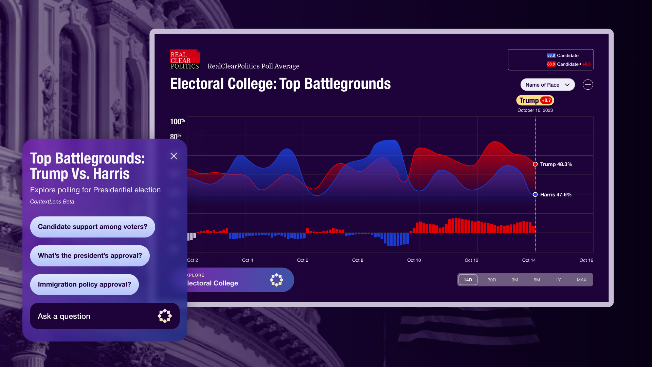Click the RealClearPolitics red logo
tap(184, 59)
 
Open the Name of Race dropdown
tap(547, 85)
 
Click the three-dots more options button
tap(587, 85)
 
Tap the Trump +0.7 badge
tap(535, 101)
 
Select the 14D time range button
tap(468, 280)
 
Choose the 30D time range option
tap(491, 280)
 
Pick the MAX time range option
tap(581, 280)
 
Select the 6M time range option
tap(537, 280)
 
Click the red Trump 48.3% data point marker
tap(535, 164)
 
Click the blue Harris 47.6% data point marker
tap(535, 195)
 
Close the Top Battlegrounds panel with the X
tap(174, 156)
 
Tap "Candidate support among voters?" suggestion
tap(92, 227)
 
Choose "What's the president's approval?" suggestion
tap(90, 256)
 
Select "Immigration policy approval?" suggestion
tap(84, 285)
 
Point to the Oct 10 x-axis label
tap(414, 260)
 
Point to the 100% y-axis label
tap(177, 122)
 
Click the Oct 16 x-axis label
tap(586, 260)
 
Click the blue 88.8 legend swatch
tap(551, 56)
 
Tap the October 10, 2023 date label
tap(535, 110)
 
